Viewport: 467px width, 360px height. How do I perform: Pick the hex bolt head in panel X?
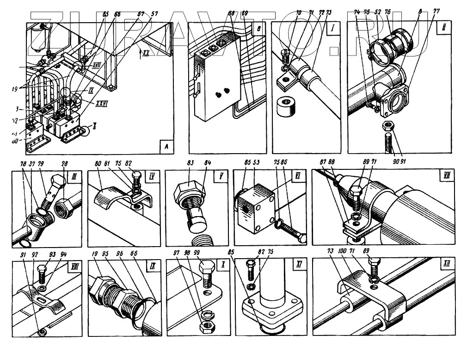(206, 268)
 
